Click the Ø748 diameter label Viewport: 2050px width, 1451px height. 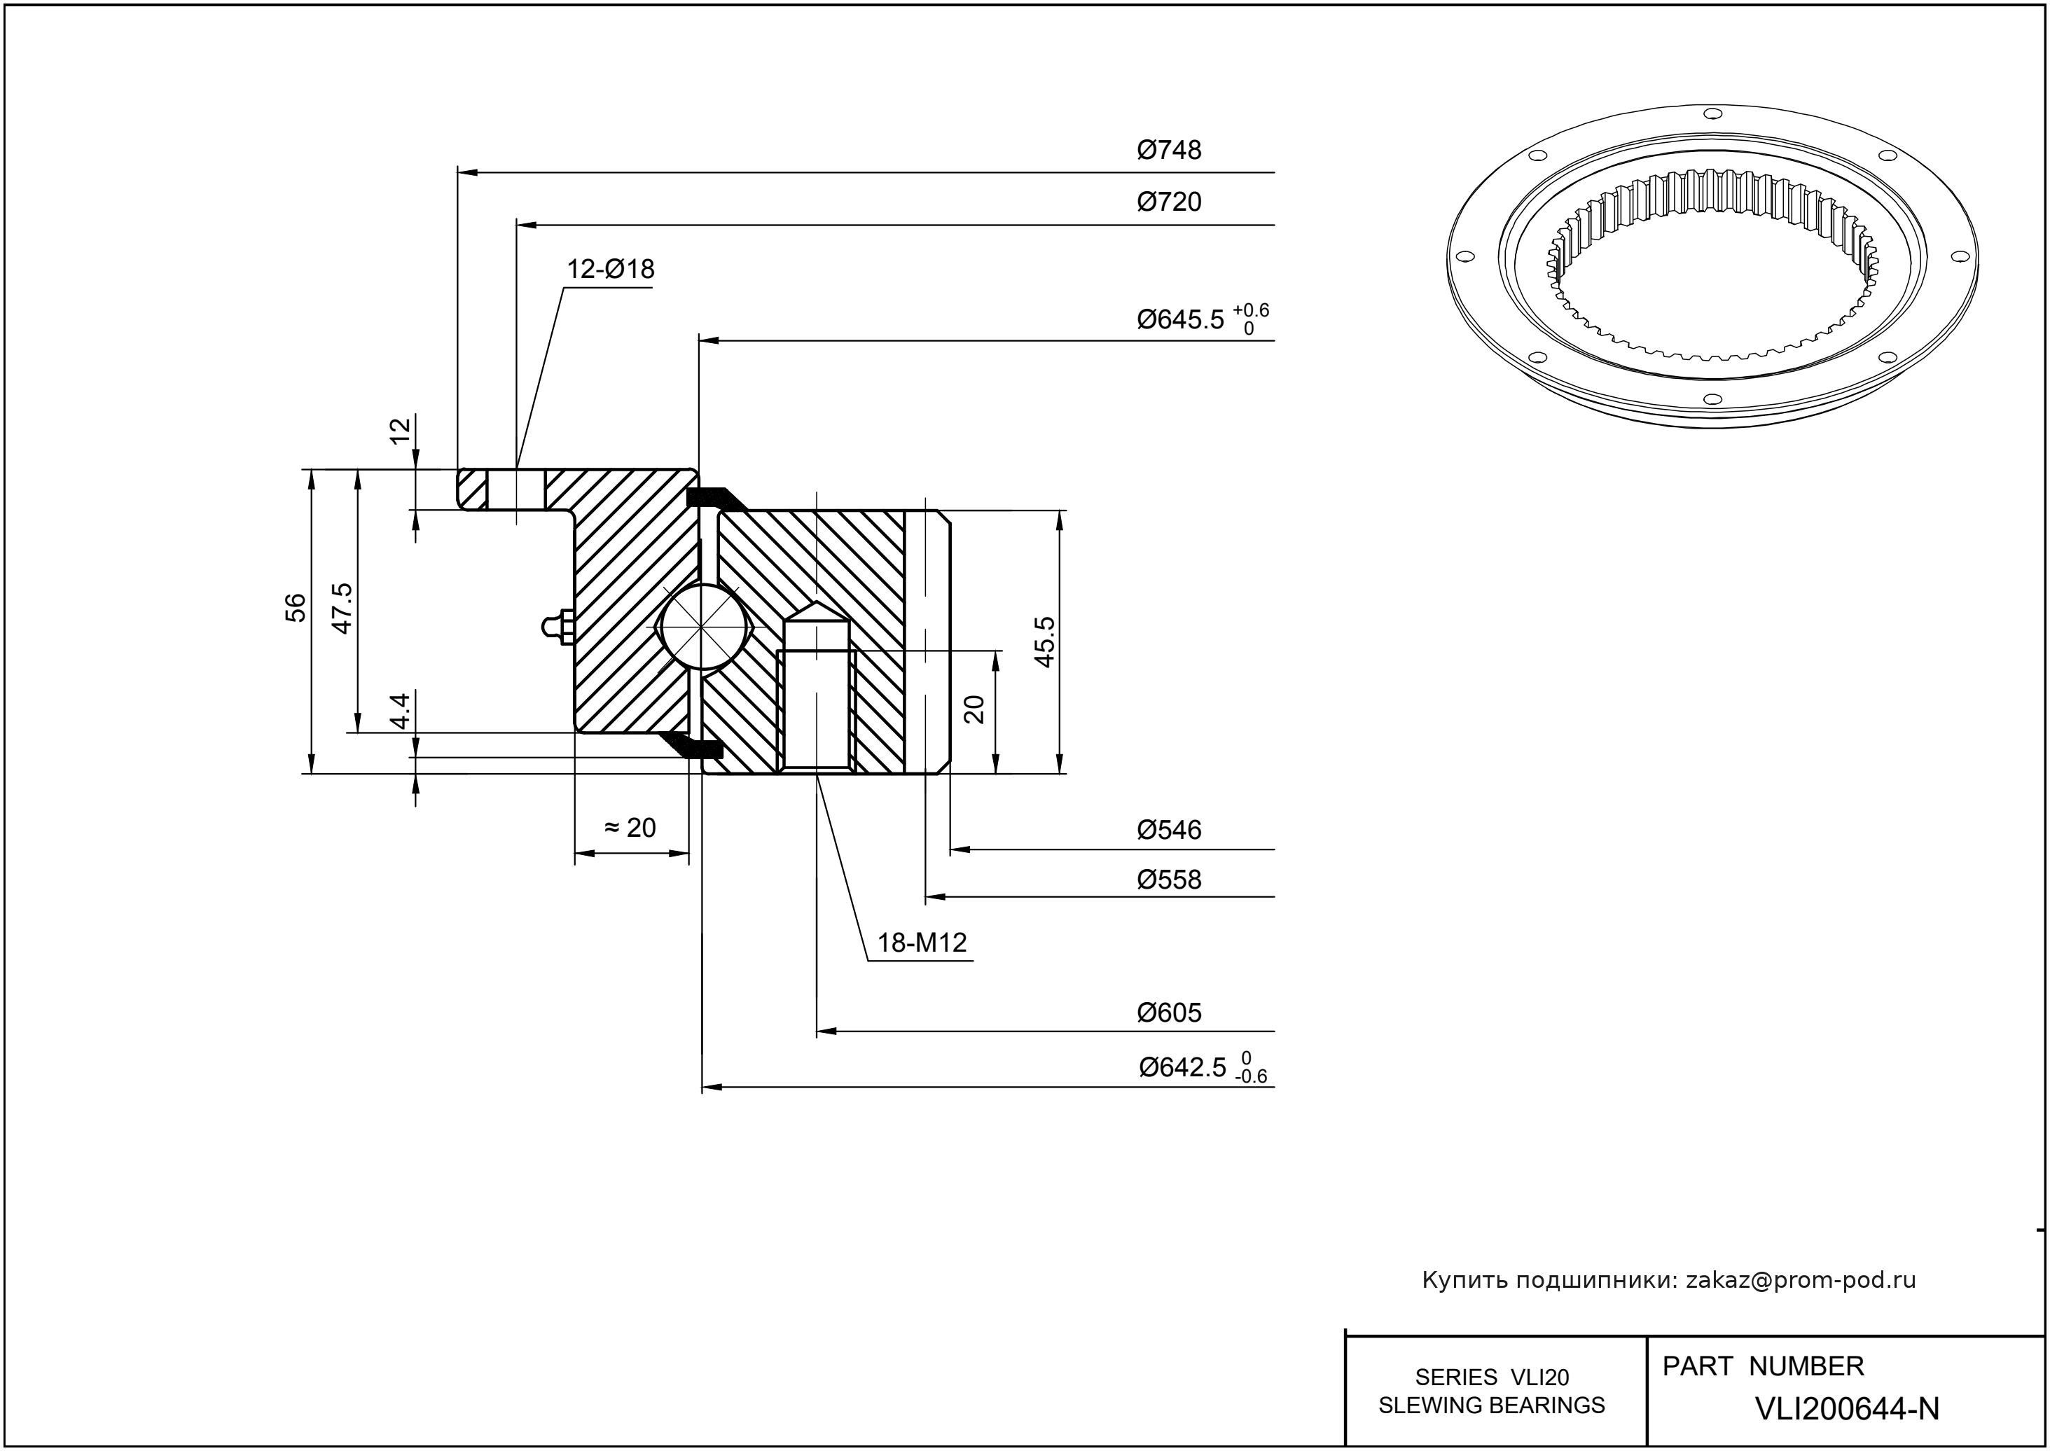(x=1169, y=150)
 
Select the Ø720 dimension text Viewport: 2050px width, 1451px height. (x=1169, y=202)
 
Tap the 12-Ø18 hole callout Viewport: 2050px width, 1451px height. (x=610, y=269)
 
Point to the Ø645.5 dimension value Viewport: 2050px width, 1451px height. (x=1179, y=320)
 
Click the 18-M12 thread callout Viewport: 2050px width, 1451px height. (x=921, y=943)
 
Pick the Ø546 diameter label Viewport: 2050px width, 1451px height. (x=1169, y=830)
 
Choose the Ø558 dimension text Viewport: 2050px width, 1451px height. (x=1169, y=880)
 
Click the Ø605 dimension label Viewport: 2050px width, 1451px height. (x=1169, y=1013)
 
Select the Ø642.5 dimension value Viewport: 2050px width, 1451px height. (x=1182, y=1068)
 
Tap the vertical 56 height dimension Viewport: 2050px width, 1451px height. (x=296, y=608)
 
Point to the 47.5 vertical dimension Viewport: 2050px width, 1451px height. (x=342, y=608)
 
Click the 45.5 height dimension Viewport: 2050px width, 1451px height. (x=1045, y=641)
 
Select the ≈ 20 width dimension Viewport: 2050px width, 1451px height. (x=631, y=828)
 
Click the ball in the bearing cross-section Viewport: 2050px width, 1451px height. (x=703, y=626)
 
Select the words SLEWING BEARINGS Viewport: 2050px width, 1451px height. (x=1492, y=1405)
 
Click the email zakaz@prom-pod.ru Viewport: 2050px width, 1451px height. (x=1800, y=1280)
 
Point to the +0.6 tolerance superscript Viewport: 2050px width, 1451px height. (x=1250, y=310)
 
